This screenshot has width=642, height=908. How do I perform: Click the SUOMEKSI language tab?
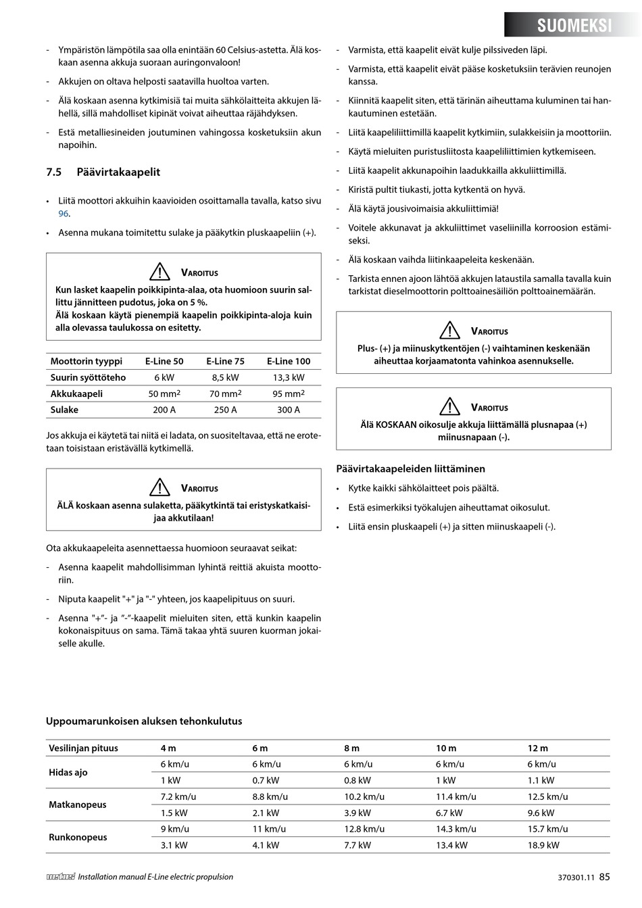[x=574, y=26]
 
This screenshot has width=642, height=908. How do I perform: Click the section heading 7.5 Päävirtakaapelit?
[x=103, y=172]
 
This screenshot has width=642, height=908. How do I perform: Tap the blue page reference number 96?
[x=64, y=214]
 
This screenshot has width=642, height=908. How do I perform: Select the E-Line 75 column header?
[x=225, y=361]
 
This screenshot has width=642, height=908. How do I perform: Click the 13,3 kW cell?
[x=289, y=377]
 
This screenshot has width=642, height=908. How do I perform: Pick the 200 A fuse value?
[x=164, y=410]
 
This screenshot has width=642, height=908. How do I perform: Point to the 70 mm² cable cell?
[x=225, y=393]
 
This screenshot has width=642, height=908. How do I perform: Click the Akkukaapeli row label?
[x=76, y=393]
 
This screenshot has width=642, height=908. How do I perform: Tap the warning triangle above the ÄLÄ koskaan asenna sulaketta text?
[x=159, y=487]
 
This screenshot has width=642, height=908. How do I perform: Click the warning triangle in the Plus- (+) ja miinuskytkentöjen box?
[x=449, y=331]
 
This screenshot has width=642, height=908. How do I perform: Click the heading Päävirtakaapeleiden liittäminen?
[x=410, y=469]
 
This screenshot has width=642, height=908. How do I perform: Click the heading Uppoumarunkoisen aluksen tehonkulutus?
[x=143, y=721]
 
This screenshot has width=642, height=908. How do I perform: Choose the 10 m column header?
[x=446, y=748]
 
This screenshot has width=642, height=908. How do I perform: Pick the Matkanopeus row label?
[x=78, y=805]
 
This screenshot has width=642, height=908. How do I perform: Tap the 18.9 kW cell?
[x=543, y=845]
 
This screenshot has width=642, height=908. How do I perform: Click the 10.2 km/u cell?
[x=364, y=796]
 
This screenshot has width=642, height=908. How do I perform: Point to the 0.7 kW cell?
[x=266, y=780]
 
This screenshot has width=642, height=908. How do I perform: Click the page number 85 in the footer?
[x=604, y=877]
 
